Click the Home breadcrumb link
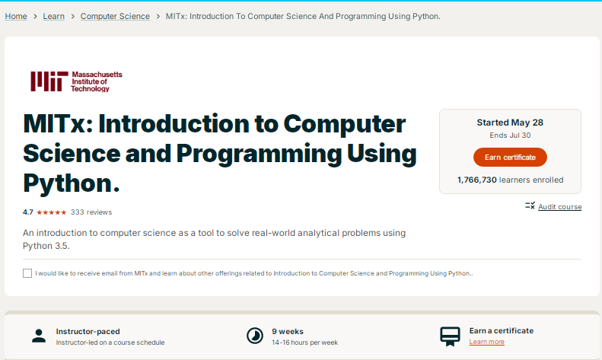click(16, 16)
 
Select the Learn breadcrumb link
click(54, 16)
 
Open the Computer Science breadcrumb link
click(115, 16)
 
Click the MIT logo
click(76, 81)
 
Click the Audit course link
click(559, 207)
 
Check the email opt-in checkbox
click(27, 273)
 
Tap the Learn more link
click(486, 342)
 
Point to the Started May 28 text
click(510, 123)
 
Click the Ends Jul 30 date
click(510, 135)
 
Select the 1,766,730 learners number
click(476, 180)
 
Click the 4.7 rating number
click(28, 212)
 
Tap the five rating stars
click(52, 212)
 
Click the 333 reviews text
click(91, 212)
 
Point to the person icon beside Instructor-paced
click(39, 336)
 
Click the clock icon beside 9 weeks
click(254, 336)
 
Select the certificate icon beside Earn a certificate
click(450, 336)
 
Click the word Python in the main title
click(68, 183)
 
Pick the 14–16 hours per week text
click(304, 342)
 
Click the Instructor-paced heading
click(88, 331)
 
